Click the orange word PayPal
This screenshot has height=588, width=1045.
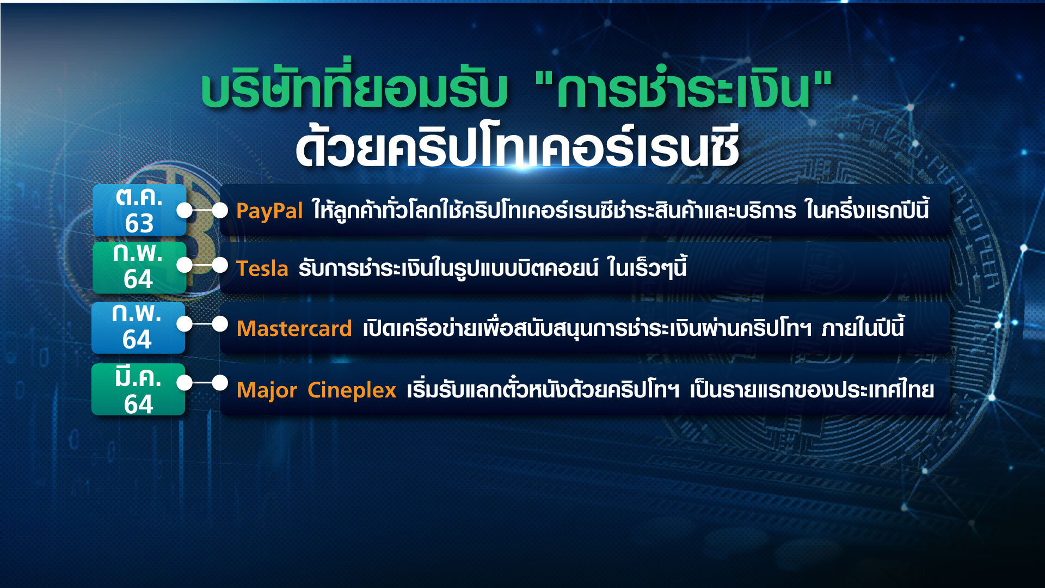tap(269, 211)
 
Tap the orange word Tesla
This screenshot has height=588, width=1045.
tap(262, 269)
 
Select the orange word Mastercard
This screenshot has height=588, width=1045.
tap(294, 329)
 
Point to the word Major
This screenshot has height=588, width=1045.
tap(267, 390)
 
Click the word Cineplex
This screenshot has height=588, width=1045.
tap(352, 390)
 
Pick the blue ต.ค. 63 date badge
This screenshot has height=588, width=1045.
tap(139, 210)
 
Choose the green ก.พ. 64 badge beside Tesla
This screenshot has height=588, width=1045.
tap(139, 267)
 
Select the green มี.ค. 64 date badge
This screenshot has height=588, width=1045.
tap(138, 389)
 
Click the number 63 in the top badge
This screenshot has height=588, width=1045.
tap(139, 223)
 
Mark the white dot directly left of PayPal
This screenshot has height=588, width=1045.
tap(220, 210)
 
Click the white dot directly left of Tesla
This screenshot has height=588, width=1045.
tap(220, 266)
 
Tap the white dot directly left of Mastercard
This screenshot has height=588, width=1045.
tap(220, 324)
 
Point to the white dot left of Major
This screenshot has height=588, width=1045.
tap(220, 383)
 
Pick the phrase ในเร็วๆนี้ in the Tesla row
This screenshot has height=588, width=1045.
tap(647, 268)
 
